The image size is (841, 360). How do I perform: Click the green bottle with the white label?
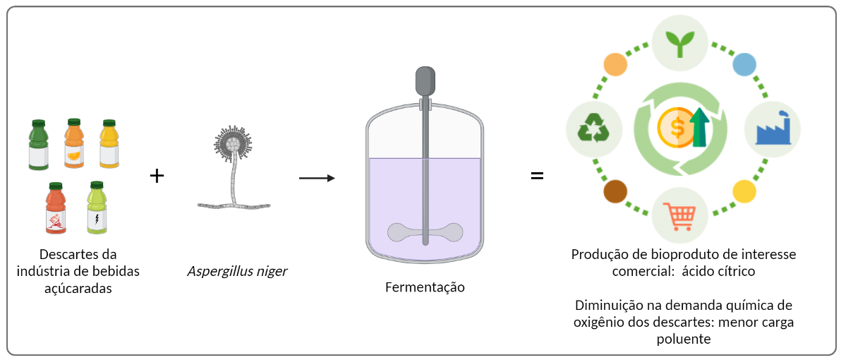[x=38, y=145]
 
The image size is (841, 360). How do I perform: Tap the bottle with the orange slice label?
[x=74, y=144]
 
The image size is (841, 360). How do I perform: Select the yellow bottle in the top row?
[x=109, y=144]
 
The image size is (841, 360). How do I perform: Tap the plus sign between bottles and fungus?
[x=157, y=176]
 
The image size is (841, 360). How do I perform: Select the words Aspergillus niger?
[x=237, y=271]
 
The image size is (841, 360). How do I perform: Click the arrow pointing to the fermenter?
[x=317, y=178]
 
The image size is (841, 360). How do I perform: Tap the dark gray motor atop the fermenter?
[x=425, y=80]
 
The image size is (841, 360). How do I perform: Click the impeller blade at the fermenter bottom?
[x=425, y=232]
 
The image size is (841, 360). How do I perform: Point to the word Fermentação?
[x=425, y=287]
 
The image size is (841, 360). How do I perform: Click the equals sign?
[x=537, y=176]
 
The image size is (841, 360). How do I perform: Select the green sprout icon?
[x=679, y=43]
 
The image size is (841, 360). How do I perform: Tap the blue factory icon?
[x=775, y=128]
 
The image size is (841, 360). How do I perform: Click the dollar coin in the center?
[x=675, y=128]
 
